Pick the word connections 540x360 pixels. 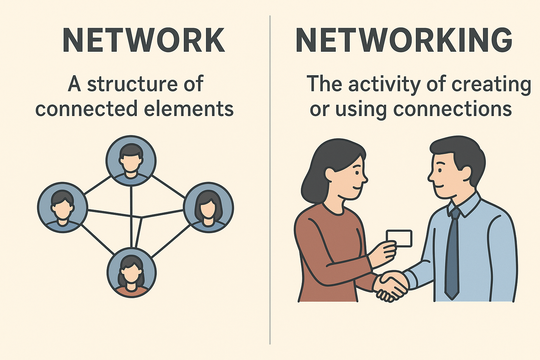[452, 109]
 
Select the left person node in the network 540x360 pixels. [63, 207]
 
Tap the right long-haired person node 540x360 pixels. [208, 207]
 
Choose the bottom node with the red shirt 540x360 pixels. [131, 272]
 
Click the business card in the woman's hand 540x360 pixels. [399, 238]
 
